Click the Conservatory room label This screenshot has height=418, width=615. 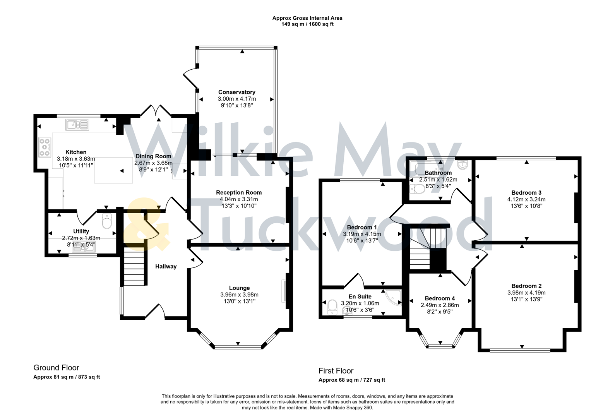click(236, 92)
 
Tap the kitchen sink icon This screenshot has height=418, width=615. click(77, 125)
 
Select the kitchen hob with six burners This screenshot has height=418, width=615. click(45, 147)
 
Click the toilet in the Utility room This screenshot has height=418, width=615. click(107, 221)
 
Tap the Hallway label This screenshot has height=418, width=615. click(166, 266)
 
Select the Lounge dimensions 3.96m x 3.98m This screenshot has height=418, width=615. click(239, 295)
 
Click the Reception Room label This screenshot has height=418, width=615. click(239, 192)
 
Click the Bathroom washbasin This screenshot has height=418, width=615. click(462, 165)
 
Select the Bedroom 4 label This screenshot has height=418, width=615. click(440, 298)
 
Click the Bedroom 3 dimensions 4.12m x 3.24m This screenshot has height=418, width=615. click(526, 199)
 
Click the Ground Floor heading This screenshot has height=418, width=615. click(56, 368)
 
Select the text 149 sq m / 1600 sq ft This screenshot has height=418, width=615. click(307, 24)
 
